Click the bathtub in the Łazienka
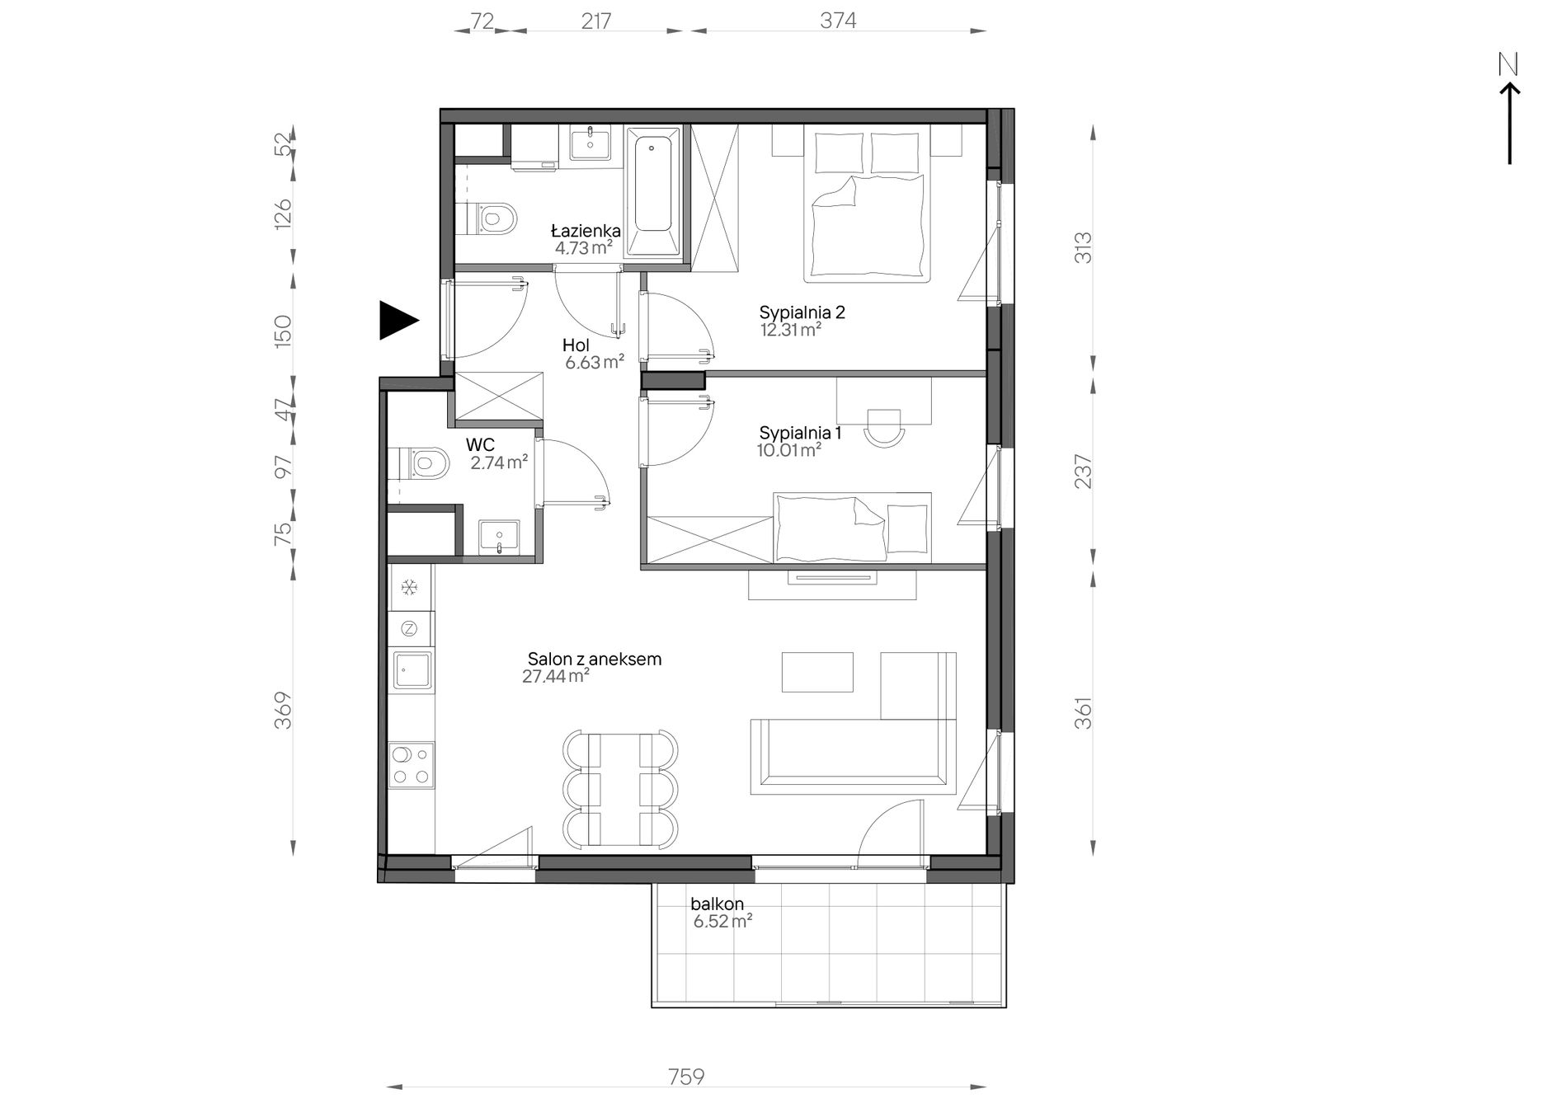point(653,191)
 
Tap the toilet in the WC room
point(421,462)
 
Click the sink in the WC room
point(499,537)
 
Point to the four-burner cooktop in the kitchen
point(412,765)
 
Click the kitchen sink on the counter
point(412,669)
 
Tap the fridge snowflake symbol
point(409,587)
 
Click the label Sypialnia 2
point(802,312)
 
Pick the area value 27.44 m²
point(555,677)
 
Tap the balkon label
point(718,904)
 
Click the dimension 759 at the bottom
point(686,1077)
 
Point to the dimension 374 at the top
point(838,21)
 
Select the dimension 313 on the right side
point(1084,247)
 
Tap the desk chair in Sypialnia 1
point(883,428)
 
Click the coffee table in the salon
point(816,673)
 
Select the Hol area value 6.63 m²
point(594,362)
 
